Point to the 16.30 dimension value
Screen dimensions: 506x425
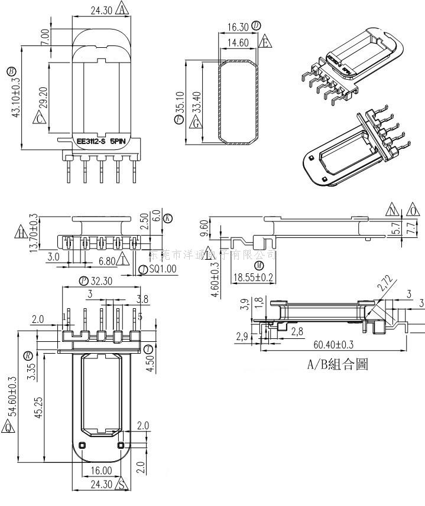pos(238,27)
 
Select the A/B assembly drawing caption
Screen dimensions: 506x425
pos(337,364)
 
